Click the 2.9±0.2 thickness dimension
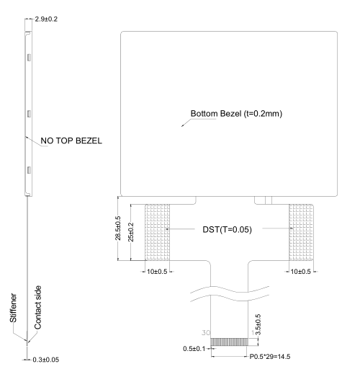click(x=46, y=19)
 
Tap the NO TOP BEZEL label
click(x=71, y=141)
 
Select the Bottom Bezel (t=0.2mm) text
click(x=236, y=114)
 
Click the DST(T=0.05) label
click(x=227, y=230)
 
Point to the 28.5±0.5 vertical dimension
click(x=118, y=228)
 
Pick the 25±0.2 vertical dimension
click(x=131, y=232)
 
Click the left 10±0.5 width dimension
click(x=157, y=272)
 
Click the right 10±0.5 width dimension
click(x=301, y=272)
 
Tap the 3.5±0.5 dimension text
click(x=258, y=325)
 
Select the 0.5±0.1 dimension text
click(x=194, y=349)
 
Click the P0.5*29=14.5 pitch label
click(x=270, y=357)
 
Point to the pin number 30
click(x=206, y=333)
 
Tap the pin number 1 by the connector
click(x=253, y=333)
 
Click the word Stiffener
click(x=13, y=308)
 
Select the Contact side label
click(x=37, y=308)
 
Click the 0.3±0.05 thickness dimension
click(x=46, y=360)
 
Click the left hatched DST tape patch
click(x=158, y=232)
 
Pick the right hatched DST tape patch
click(x=301, y=232)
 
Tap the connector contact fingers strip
click(x=229, y=342)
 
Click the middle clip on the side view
click(x=29, y=114)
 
